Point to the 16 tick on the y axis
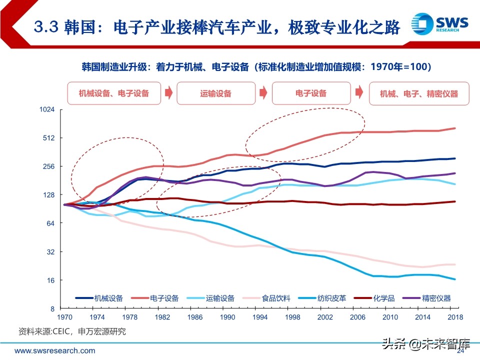(x=51, y=280)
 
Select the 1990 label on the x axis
(x=227, y=317)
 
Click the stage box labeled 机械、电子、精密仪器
(x=419, y=93)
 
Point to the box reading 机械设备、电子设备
(x=114, y=93)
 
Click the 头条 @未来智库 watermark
(x=426, y=344)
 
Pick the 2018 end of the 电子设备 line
(x=454, y=128)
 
